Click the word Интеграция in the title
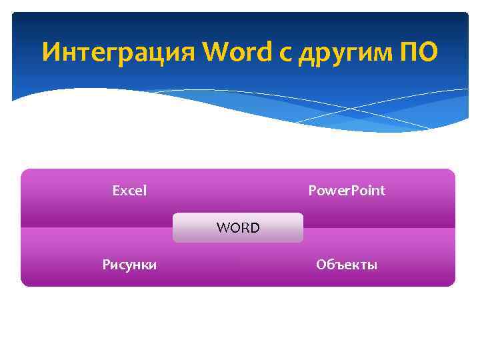pyautogui.click(x=119, y=51)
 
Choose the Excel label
pyautogui.click(x=129, y=191)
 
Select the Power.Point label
pyautogui.click(x=347, y=191)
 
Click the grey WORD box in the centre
pyautogui.click(x=238, y=228)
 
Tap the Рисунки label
pyautogui.click(x=129, y=265)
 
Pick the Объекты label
pyautogui.click(x=347, y=265)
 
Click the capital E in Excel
pyautogui.click(x=115, y=191)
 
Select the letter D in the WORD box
pyautogui.click(x=255, y=228)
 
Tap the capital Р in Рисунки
pyautogui.click(x=105, y=265)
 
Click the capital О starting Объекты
pyautogui.click(x=321, y=265)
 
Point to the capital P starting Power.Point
pyautogui.click(x=312, y=191)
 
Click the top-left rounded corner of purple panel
pyautogui.click(x=25, y=173)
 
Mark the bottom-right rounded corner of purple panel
pyautogui.click(x=451, y=283)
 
